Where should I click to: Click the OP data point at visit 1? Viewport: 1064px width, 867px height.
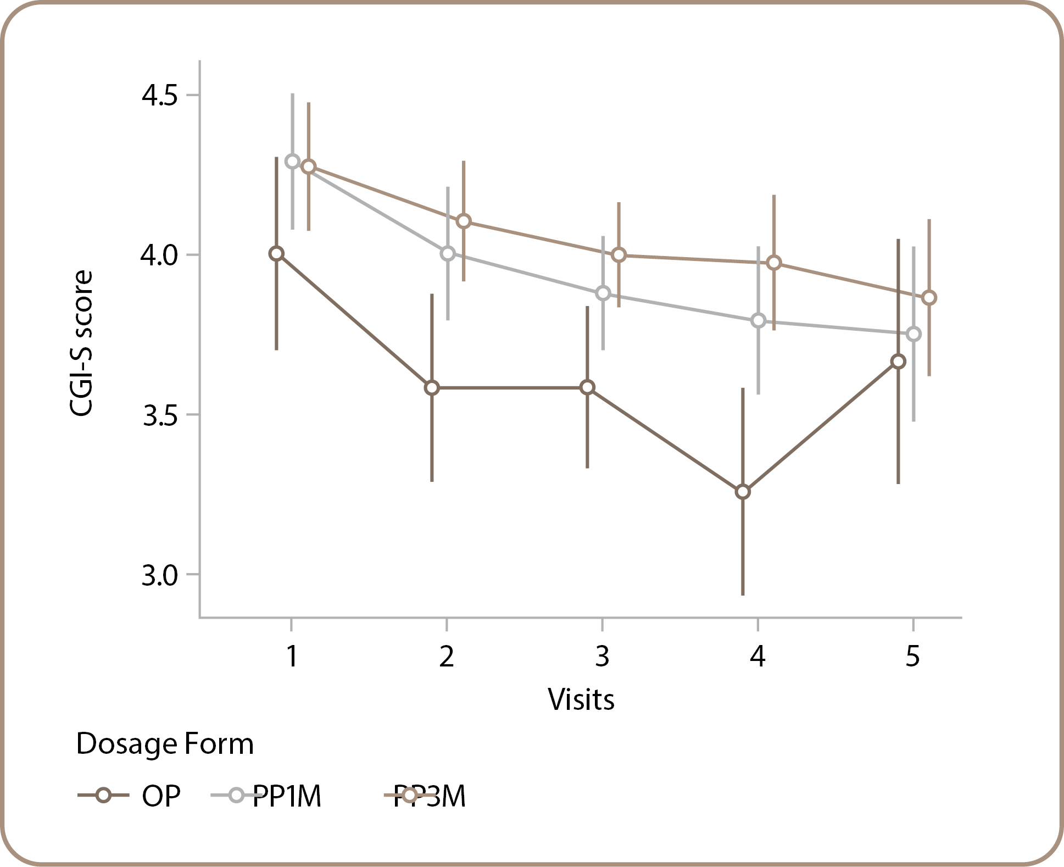276,253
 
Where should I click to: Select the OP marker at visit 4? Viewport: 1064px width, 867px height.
743,492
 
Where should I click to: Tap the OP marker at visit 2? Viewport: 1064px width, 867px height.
432,387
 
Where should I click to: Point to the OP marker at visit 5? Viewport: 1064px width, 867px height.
898,362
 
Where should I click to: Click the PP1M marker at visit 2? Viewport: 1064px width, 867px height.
448,253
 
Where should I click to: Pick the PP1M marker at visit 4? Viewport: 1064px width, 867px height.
758,320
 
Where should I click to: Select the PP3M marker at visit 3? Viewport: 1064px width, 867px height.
619,255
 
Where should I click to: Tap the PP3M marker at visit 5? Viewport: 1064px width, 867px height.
929,298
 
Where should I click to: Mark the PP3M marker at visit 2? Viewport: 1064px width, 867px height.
464,221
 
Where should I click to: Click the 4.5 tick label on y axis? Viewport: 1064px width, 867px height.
160,96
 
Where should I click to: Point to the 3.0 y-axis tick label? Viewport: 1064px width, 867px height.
160,575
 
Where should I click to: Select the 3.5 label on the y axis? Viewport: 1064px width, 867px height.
160,416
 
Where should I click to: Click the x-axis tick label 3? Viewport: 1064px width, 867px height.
602,656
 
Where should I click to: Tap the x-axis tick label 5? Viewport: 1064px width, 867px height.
912,656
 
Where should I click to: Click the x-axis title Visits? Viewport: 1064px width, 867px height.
581,700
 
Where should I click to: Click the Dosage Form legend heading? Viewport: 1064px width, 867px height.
165,744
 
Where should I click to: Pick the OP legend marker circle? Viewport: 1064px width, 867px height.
103,795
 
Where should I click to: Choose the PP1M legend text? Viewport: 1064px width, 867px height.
287,796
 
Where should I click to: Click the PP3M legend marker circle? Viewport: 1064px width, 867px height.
409,795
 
